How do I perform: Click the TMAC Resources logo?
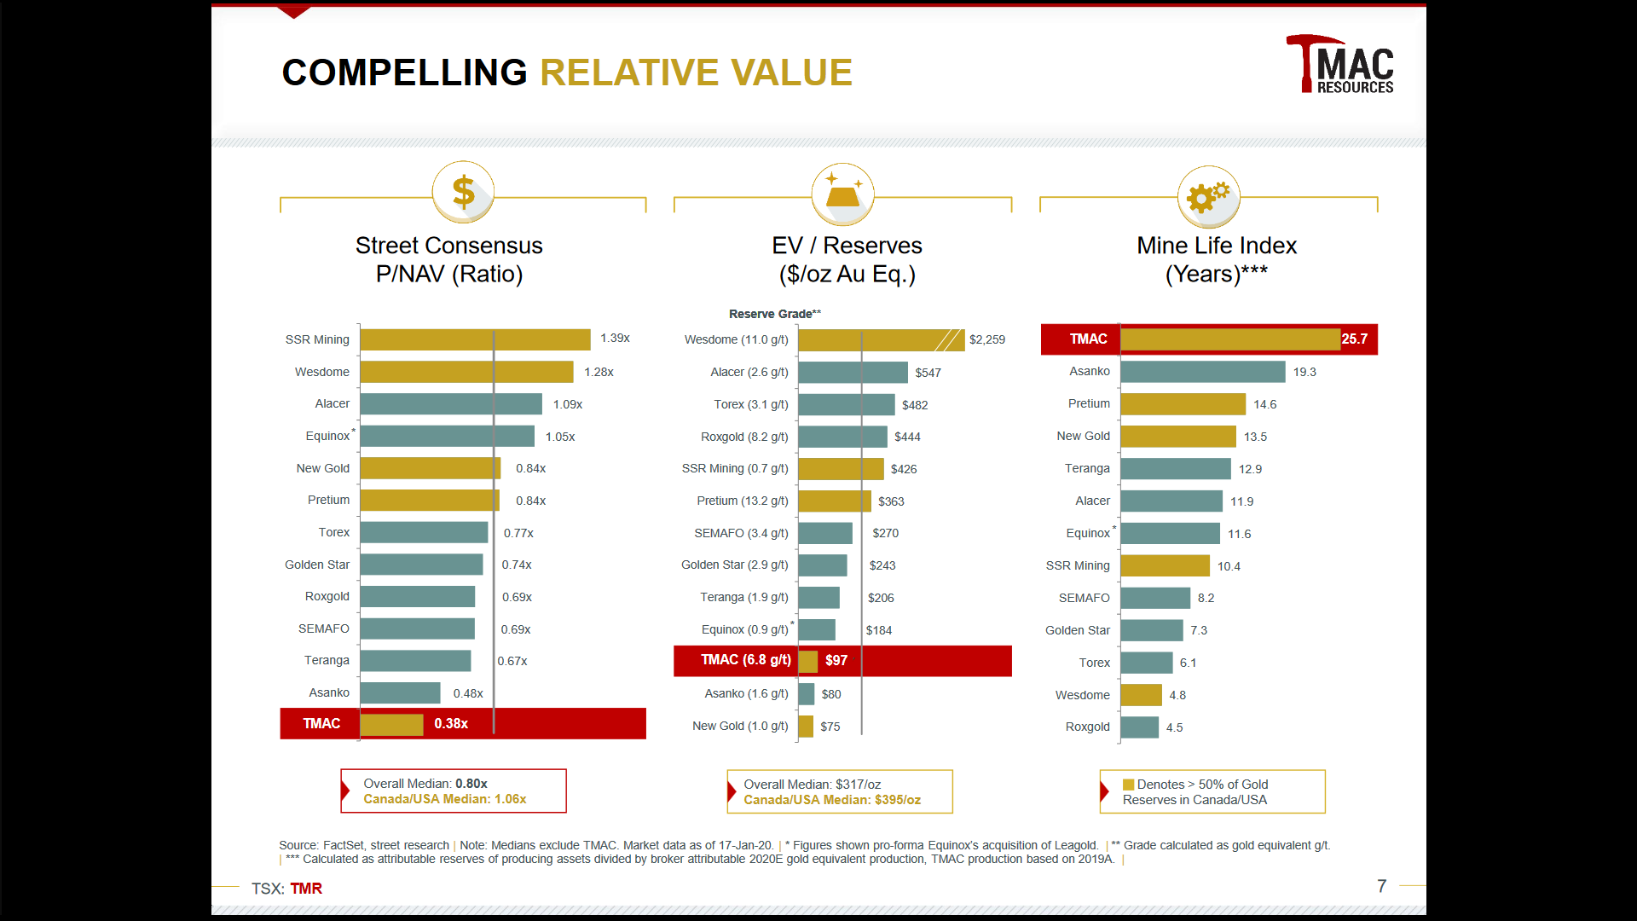tap(1339, 65)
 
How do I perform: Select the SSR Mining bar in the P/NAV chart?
tap(475, 339)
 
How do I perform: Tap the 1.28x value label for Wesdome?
tap(599, 372)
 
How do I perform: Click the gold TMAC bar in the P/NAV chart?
tap(391, 724)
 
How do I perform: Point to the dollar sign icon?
tap(463, 192)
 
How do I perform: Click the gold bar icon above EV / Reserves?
tap(842, 194)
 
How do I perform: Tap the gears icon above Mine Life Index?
tap(1208, 196)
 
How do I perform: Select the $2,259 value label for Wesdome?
tap(986, 339)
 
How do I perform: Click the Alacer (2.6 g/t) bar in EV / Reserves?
tap(853, 373)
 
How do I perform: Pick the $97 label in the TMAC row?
tap(836, 660)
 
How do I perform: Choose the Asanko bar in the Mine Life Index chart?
tap(1202, 372)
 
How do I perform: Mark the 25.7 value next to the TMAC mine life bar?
tap(1354, 339)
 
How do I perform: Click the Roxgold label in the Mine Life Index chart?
tap(1087, 727)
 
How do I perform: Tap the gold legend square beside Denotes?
tap(1128, 785)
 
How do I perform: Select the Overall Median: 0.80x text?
tap(425, 784)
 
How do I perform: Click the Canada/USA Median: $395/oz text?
tap(831, 800)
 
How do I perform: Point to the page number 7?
tap(1381, 886)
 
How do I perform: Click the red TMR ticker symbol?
tap(306, 889)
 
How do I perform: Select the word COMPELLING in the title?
tap(404, 72)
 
